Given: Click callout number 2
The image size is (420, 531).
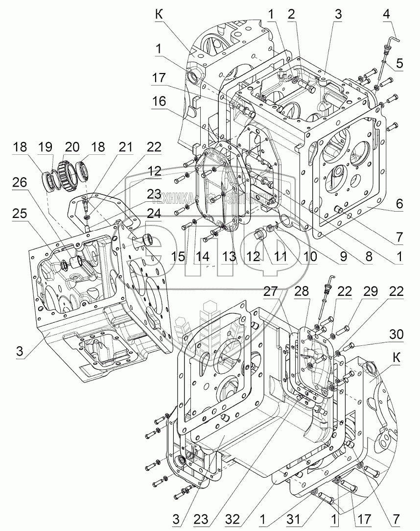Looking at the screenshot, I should (x=291, y=14).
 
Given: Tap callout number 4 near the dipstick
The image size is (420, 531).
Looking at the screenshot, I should (x=387, y=14).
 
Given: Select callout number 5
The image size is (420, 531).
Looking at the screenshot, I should (x=399, y=63).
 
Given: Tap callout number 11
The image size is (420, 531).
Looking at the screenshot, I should (x=280, y=255).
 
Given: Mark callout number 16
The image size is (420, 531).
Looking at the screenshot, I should (x=159, y=101).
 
